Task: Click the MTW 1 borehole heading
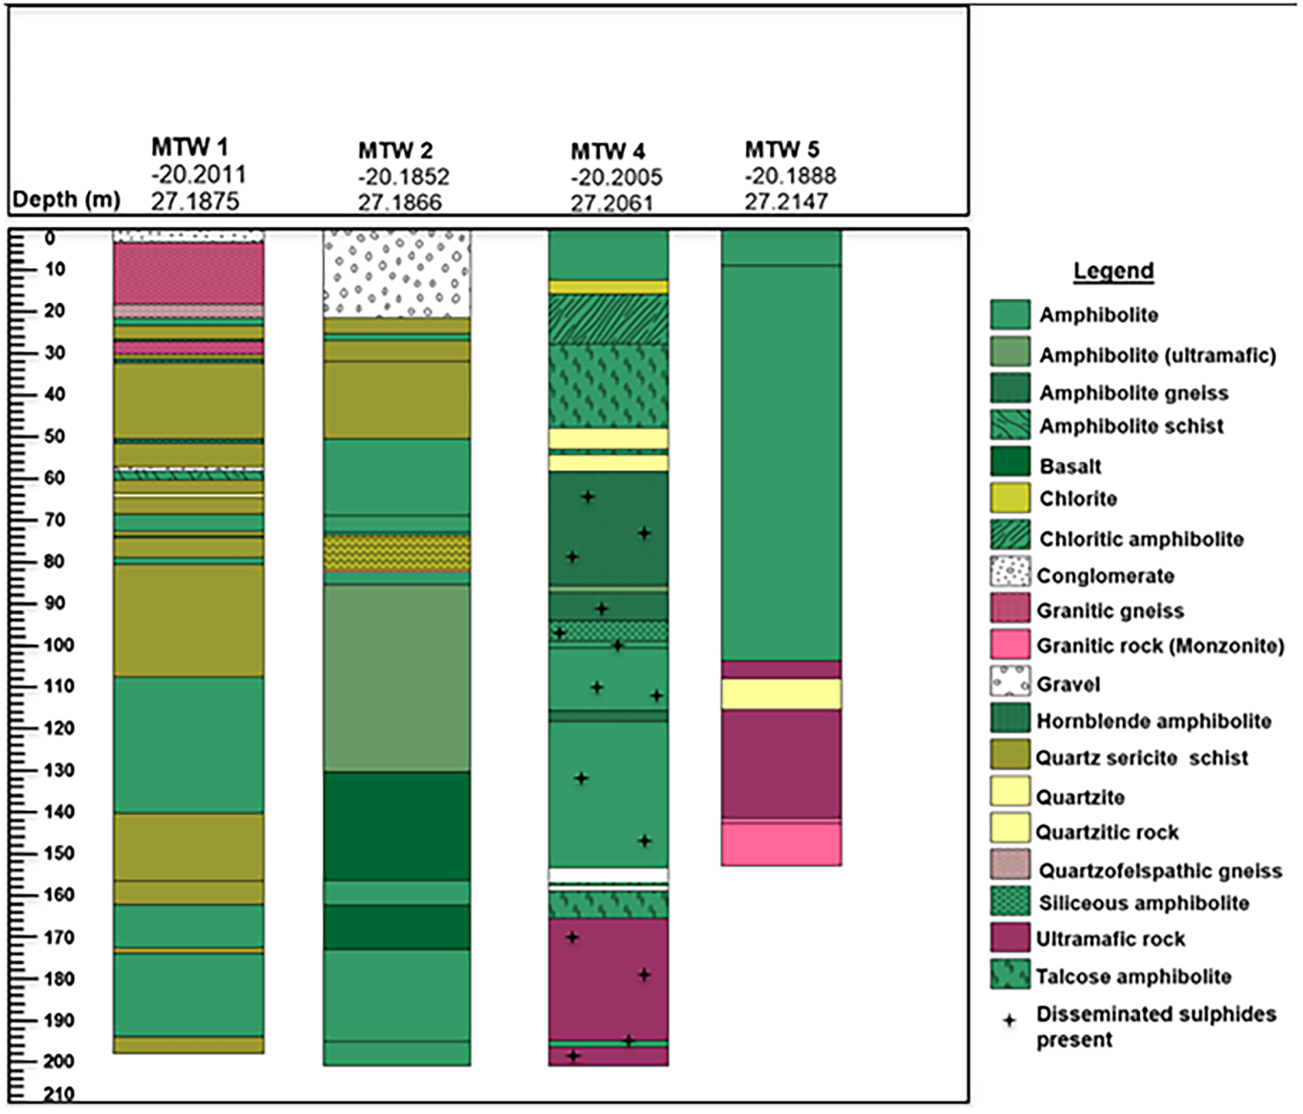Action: (189, 147)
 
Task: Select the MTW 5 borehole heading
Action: (782, 149)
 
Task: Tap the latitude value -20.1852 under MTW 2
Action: (403, 177)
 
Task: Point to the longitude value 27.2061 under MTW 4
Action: (611, 204)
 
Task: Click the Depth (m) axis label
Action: (66, 199)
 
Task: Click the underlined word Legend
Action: (1114, 270)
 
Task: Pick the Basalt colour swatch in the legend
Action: (1010, 461)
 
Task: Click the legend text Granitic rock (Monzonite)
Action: (1161, 646)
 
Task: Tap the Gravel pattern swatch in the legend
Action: (1010, 681)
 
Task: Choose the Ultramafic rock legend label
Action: (1111, 939)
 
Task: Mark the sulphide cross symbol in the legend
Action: (1009, 1021)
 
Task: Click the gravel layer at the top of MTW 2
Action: (397, 273)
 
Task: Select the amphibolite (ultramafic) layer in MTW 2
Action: (397, 678)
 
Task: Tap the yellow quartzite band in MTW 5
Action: (781, 694)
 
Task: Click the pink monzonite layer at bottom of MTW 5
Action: (781, 844)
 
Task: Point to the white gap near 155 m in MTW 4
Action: (608, 875)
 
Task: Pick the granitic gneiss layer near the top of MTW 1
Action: (189, 273)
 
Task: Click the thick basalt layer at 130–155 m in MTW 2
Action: (397, 826)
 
